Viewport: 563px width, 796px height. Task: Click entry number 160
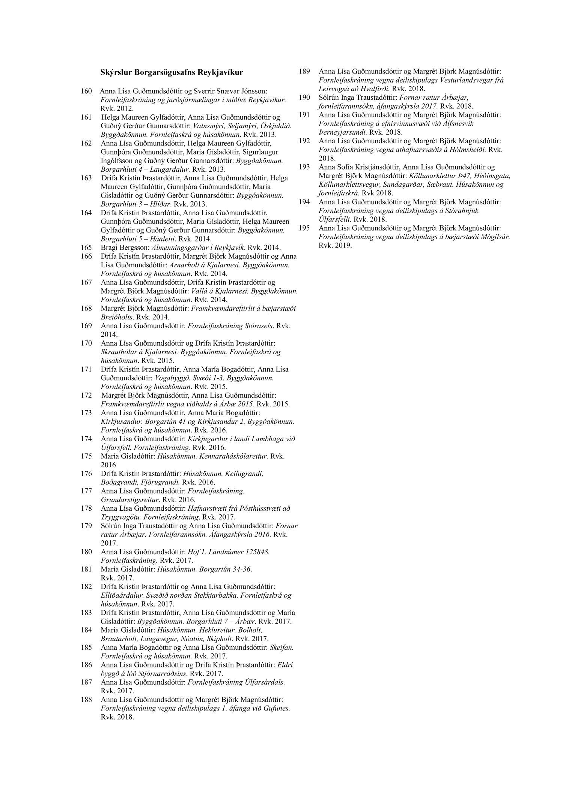tap(86, 91)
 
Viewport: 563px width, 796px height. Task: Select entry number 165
tap(86, 247)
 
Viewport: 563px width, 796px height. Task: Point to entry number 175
tap(86, 456)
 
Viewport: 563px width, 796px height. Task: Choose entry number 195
tap(304, 228)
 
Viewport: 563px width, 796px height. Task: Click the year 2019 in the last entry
tap(344, 246)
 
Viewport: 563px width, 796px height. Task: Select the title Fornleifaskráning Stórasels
tap(230, 326)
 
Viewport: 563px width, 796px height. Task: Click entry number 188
tap(86, 700)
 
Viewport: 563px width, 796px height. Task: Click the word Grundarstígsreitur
tap(130, 500)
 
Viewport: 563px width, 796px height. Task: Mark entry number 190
tap(304, 97)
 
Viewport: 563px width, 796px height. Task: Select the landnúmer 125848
tap(254, 552)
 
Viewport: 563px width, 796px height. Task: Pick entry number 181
tap(86, 569)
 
